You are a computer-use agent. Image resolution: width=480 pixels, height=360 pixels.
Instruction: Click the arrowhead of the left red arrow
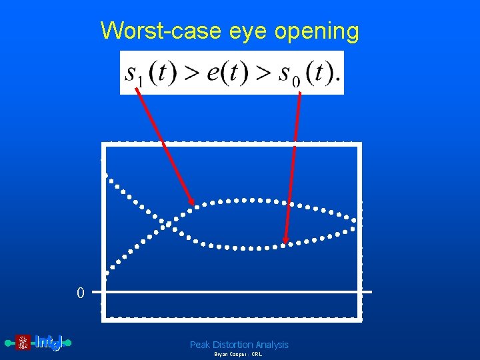point(192,203)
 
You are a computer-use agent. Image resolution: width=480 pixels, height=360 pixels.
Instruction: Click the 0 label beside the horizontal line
point(80,293)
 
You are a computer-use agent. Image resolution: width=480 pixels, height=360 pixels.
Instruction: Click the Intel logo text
point(48,343)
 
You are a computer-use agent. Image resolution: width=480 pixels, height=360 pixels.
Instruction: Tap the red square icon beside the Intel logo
point(23,343)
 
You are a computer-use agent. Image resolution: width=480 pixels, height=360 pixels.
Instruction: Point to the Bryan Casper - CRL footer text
point(238,355)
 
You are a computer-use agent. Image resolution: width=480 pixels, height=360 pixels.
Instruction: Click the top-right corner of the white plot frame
point(360,144)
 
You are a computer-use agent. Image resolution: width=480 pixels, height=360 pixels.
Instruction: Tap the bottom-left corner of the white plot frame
point(103,320)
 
